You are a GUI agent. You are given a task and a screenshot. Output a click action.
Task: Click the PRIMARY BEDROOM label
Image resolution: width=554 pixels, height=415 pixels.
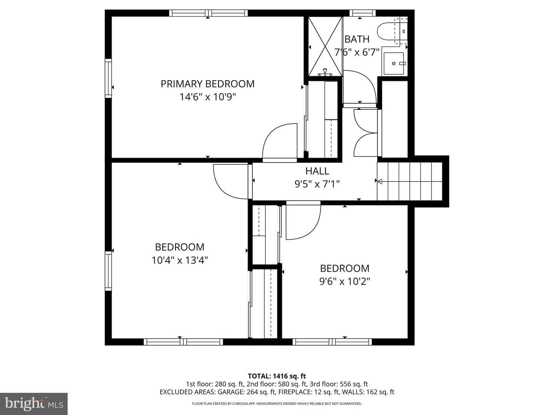coord(207,84)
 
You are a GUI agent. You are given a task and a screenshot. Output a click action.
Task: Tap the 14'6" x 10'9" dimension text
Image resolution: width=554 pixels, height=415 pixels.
coord(207,97)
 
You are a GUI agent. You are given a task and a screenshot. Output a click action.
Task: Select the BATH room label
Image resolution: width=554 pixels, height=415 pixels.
coord(357,39)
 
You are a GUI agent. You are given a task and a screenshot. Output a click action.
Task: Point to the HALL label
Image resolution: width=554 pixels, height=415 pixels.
coord(317,171)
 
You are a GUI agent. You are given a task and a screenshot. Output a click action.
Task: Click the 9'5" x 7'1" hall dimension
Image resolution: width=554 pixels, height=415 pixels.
coord(317,184)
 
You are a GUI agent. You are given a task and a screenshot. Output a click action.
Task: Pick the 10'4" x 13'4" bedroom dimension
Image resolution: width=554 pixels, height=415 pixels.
coord(180,260)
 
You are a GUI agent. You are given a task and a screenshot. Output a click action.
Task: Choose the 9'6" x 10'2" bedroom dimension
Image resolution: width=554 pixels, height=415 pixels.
coord(345,281)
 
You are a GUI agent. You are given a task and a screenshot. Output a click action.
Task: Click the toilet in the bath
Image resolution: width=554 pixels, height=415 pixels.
coord(392,31)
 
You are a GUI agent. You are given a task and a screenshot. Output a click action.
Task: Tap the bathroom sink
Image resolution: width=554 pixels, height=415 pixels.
coord(394,63)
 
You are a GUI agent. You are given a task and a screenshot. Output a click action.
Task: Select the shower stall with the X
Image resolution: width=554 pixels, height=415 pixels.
coord(325,46)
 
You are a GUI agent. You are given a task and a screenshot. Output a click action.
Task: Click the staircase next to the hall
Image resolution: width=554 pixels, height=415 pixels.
coord(409,181)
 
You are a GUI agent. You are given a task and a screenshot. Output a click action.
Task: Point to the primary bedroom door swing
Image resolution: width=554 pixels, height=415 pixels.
coord(280,143)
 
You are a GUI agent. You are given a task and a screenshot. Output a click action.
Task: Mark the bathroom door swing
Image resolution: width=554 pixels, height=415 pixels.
coord(360,89)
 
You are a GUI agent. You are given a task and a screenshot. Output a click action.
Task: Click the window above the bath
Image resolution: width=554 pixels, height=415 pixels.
coord(362,13)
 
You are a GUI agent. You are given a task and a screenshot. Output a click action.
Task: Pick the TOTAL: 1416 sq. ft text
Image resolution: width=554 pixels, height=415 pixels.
coord(277,376)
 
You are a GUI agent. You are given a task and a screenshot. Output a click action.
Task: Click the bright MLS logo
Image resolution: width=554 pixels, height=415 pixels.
coord(34,404)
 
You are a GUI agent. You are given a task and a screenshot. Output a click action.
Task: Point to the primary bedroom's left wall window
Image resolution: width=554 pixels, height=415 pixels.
coord(108,78)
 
